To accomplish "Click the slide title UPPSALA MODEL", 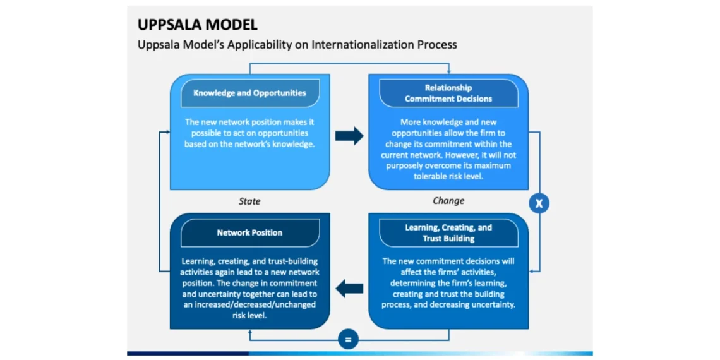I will pyautogui.click(x=198, y=25).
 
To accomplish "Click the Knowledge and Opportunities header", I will pyautogui.click(x=249, y=93).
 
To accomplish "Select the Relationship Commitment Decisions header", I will pyautogui.click(x=448, y=93).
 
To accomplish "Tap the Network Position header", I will pyautogui.click(x=249, y=232).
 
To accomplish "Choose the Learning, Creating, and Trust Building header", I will pyautogui.click(x=448, y=233).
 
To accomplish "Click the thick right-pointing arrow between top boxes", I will pyautogui.click(x=349, y=136).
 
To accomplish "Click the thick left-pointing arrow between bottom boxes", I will pyautogui.click(x=349, y=290).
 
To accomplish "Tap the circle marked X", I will pyautogui.click(x=539, y=203).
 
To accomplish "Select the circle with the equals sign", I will pyautogui.click(x=347, y=340).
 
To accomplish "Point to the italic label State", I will pyautogui.click(x=249, y=201).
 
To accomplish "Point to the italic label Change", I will pyautogui.click(x=448, y=201).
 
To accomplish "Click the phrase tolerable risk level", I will pyautogui.click(x=448, y=176).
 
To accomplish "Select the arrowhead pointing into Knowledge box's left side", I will pyautogui.click(x=167, y=131).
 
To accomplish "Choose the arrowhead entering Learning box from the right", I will pyautogui.click(x=532, y=270).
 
